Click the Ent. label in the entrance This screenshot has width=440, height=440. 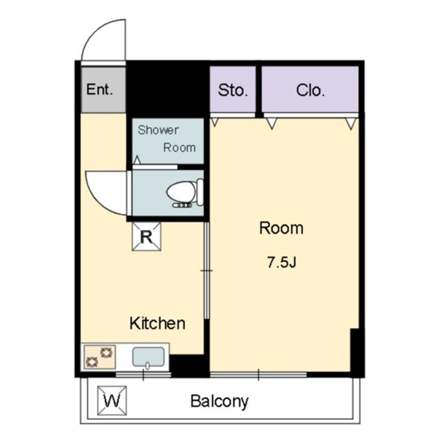click(x=100, y=89)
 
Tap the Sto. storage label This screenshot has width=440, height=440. click(x=233, y=90)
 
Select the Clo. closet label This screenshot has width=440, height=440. click(x=310, y=90)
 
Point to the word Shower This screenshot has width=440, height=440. click(x=158, y=130)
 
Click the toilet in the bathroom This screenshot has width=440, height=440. click(x=185, y=193)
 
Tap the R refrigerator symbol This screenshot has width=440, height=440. click(x=147, y=237)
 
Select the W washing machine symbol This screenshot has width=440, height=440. click(x=112, y=400)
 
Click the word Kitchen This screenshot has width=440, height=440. click(x=158, y=323)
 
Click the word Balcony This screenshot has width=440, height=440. click(x=220, y=402)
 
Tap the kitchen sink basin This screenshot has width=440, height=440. click(x=148, y=358)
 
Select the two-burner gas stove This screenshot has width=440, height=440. click(x=100, y=357)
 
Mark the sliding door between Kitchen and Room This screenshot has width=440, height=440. click(x=207, y=270)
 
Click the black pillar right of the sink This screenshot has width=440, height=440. click(x=189, y=366)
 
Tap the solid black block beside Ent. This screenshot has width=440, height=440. click(x=167, y=89)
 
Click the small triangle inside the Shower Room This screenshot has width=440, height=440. click(x=137, y=160)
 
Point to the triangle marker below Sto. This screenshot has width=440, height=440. click(x=215, y=122)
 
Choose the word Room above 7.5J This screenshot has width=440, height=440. click(x=281, y=228)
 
